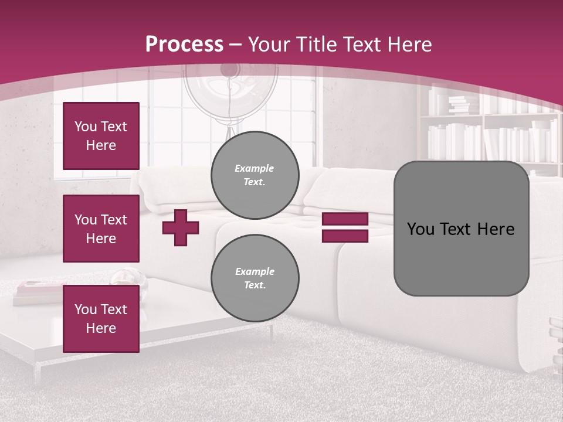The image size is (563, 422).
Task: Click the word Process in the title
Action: click(x=184, y=45)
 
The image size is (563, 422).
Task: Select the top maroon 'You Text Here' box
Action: click(x=101, y=136)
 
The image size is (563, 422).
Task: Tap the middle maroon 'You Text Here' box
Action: click(x=101, y=229)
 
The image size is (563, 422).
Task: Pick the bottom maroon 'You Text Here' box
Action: click(x=101, y=319)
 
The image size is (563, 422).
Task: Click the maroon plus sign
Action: click(x=181, y=227)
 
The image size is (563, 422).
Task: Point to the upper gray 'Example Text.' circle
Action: click(x=255, y=175)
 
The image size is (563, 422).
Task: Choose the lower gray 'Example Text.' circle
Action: click(x=255, y=278)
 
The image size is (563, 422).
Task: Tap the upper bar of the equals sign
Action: click(x=345, y=219)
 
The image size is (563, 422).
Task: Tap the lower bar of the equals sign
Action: click(x=345, y=236)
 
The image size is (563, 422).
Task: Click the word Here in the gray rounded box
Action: click(x=496, y=229)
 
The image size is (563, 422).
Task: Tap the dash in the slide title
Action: click(x=236, y=45)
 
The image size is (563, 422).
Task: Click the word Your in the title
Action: click(x=268, y=45)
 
